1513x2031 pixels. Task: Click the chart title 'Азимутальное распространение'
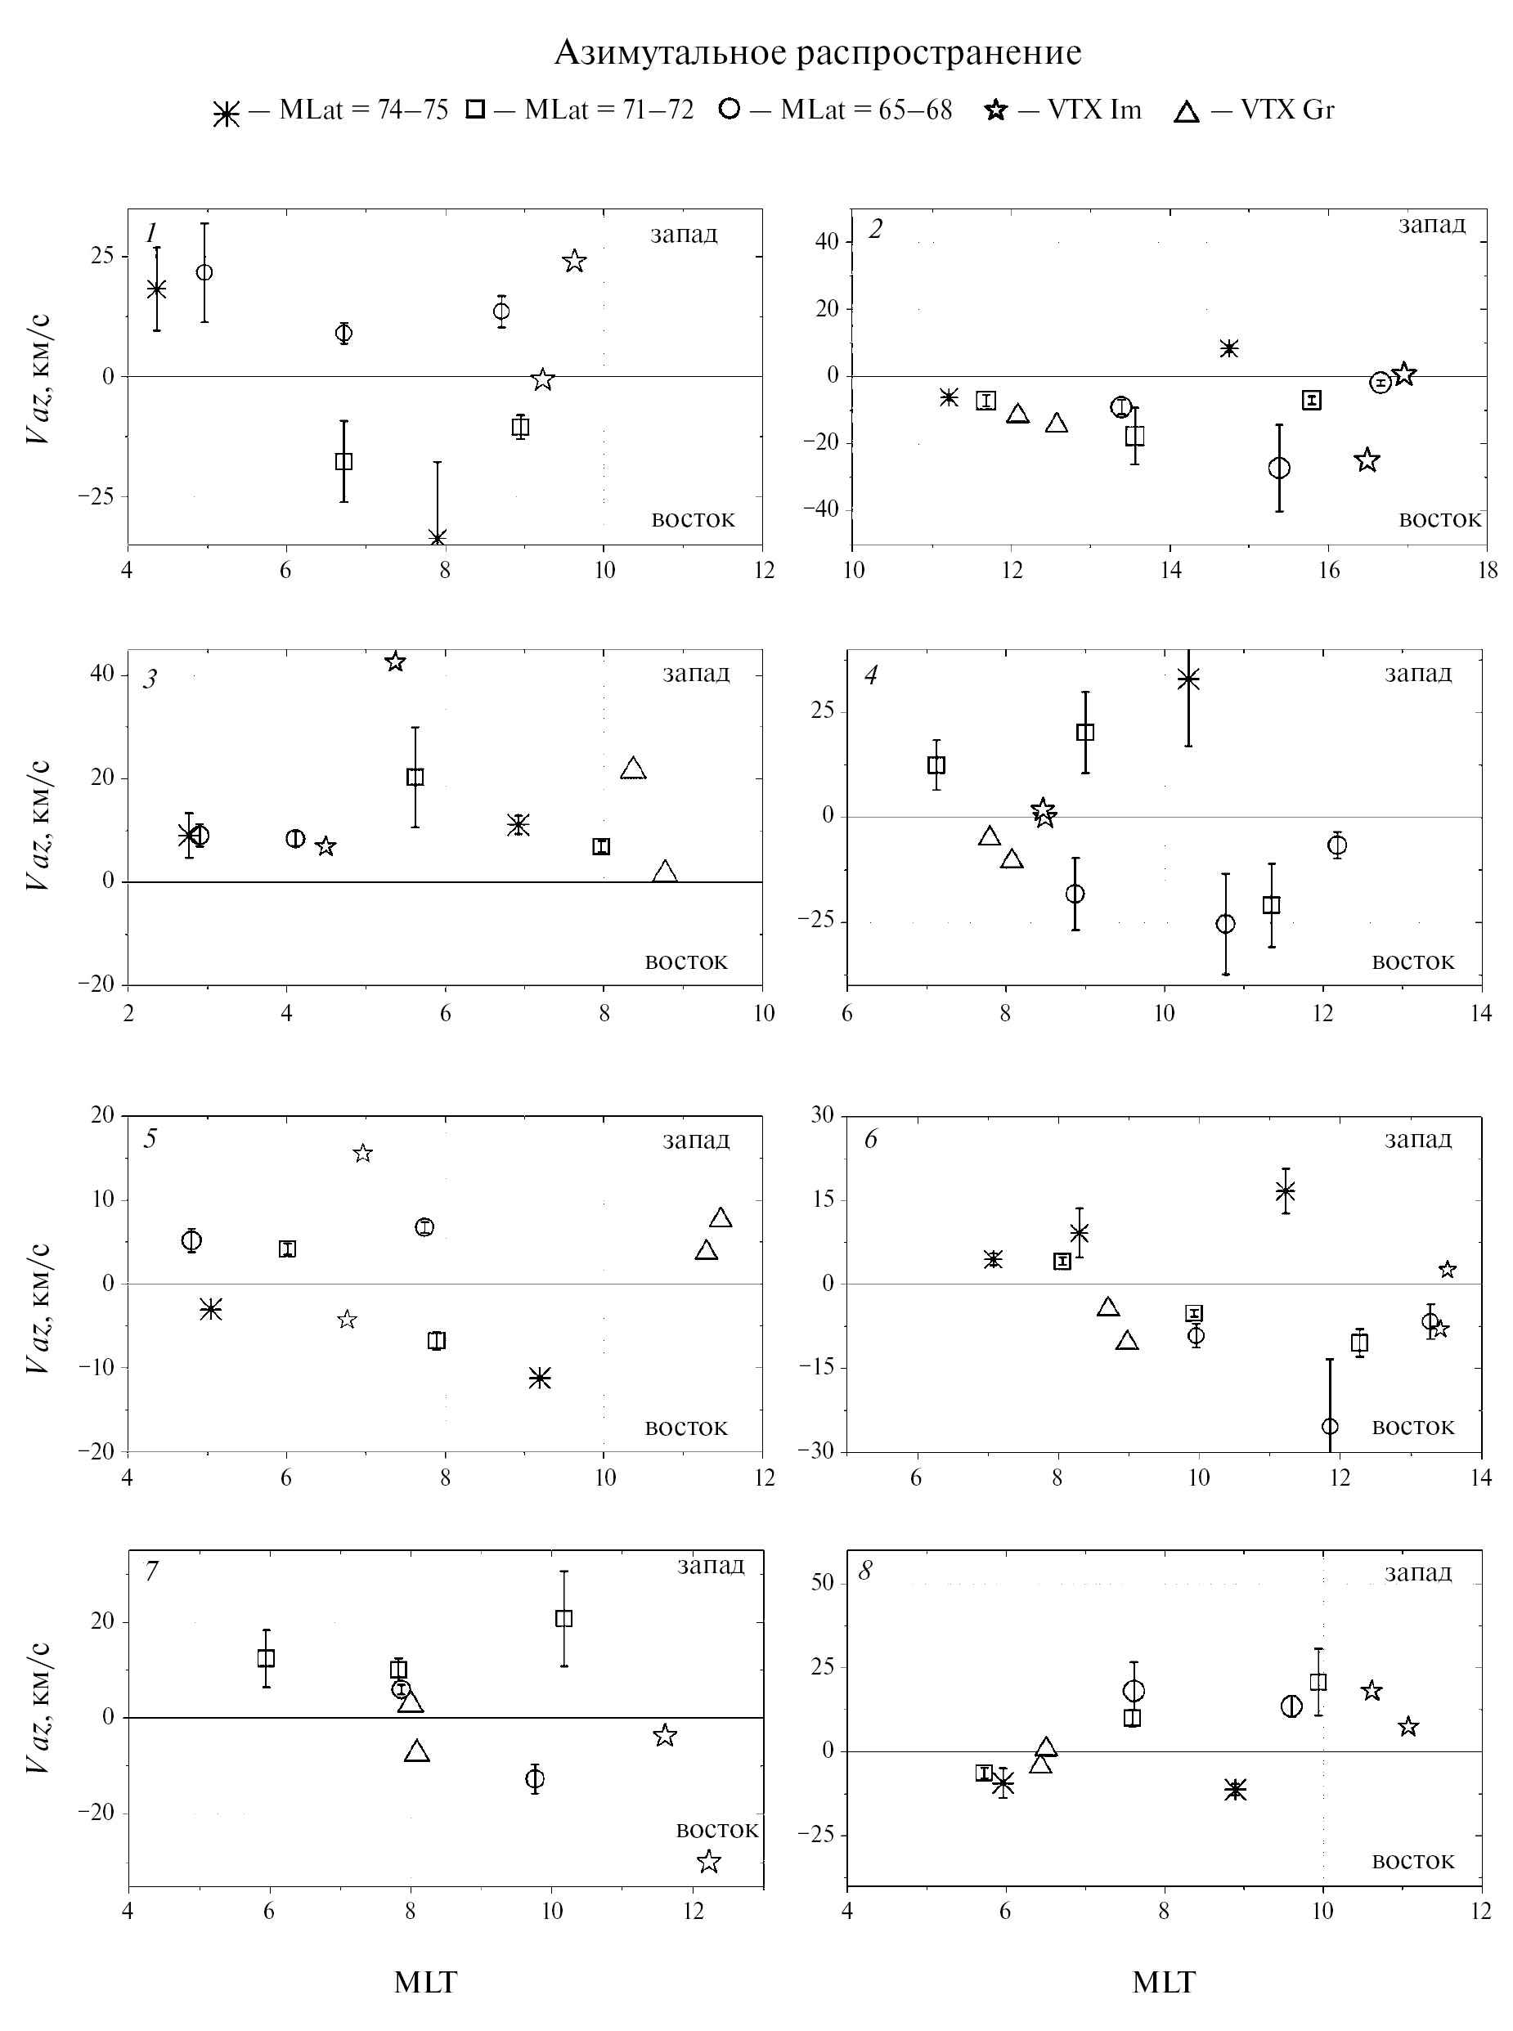pos(817,53)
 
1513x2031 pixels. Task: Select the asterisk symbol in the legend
pos(227,114)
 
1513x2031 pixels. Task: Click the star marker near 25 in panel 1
pos(574,262)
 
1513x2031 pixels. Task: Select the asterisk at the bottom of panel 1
pos(438,537)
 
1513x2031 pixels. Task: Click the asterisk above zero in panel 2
pos(1229,348)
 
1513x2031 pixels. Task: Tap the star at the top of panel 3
pos(396,661)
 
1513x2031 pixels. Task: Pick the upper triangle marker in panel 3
pos(633,769)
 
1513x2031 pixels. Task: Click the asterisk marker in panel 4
pos(1189,679)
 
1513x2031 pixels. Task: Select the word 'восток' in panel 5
pos(686,1428)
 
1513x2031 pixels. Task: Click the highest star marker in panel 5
pos(362,1153)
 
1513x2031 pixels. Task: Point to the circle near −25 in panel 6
pos(1330,1426)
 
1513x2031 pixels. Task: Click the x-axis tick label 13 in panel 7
pos(763,1911)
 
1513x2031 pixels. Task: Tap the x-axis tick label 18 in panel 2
pos(1488,571)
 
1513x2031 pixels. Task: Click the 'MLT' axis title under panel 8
pos(1164,1983)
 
